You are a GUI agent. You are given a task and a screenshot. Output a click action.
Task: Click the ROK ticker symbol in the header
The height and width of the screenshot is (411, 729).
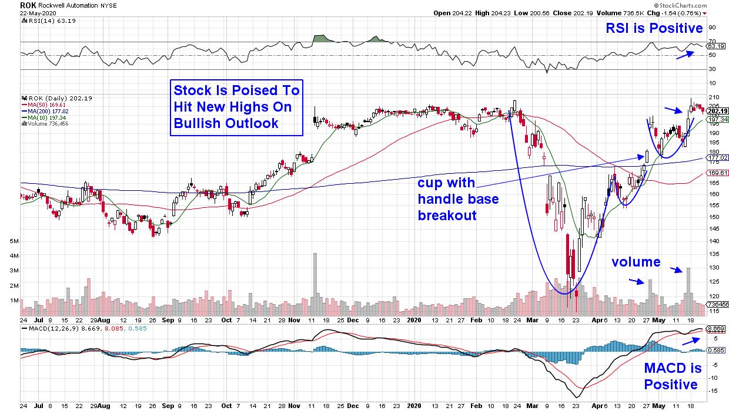pos(28,5)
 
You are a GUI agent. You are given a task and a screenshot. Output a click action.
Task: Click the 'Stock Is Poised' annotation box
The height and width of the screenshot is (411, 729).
pos(236,107)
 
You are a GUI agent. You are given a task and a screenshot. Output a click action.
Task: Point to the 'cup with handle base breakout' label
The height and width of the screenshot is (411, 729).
pos(458,198)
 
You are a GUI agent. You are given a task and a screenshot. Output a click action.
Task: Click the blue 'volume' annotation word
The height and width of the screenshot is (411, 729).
pos(636,262)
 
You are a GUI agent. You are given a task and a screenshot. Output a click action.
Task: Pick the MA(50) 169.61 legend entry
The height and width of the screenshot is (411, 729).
pos(43,104)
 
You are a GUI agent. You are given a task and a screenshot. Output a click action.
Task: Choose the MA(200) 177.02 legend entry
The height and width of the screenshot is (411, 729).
pos(44,110)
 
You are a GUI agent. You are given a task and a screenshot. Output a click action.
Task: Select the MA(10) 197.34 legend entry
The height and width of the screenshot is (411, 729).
pos(43,117)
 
